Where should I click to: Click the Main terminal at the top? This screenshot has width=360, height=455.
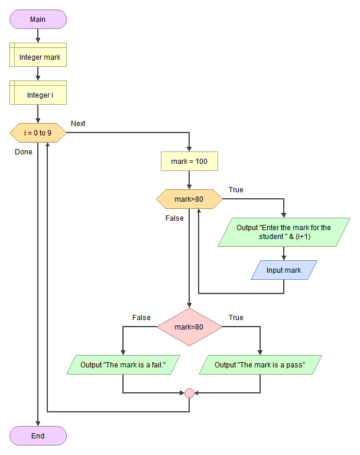[x=38, y=19]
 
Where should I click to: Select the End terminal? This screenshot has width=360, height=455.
[x=38, y=436]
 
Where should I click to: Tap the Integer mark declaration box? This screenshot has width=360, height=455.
[x=38, y=57]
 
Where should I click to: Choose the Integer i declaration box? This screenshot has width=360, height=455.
[x=38, y=95]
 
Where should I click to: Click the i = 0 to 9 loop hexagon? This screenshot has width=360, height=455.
[x=38, y=133]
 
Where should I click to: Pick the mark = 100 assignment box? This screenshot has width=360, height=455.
[x=189, y=161]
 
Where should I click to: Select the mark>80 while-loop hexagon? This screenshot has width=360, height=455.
[x=189, y=199]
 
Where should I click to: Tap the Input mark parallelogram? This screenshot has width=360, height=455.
[x=284, y=270]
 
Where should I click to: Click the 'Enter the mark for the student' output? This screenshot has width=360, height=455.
[x=284, y=232]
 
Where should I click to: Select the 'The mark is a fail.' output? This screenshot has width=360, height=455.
[x=122, y=364]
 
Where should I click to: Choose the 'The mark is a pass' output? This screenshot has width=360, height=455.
[x=260, y=364]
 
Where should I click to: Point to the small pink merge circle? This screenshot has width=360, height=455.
[x=189, y=392]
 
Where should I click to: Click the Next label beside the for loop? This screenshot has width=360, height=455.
[x=78, y=124]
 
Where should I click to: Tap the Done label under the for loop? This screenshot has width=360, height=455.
[x=24, y=152]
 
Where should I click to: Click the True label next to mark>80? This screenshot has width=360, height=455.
[x=236, y=190]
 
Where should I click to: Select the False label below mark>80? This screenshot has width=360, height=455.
[x=174, y=218]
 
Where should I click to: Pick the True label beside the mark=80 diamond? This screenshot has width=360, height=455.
[x=236, y=318]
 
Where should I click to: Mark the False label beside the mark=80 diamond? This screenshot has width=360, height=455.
[x=141, y=318]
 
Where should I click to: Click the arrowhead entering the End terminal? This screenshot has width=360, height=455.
[x=38, y=423]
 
